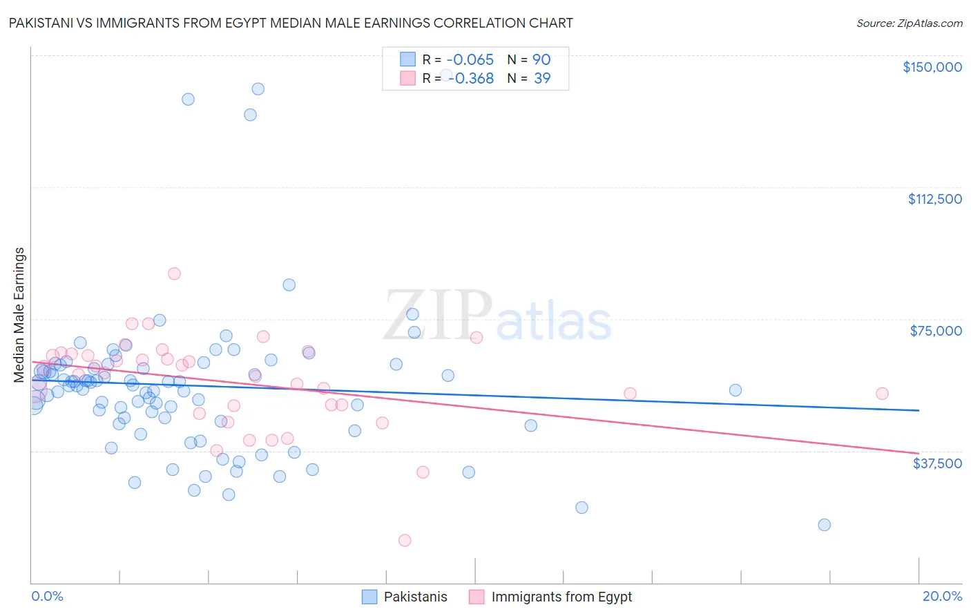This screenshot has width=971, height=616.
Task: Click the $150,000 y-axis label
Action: [932, 67]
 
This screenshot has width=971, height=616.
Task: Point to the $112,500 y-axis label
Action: [934, 199]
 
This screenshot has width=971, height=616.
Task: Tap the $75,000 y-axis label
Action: [936, 331]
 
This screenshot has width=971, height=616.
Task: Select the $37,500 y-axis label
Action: [937, 463]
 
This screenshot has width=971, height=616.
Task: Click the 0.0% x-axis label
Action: [47, 596]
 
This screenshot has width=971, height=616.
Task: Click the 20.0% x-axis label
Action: [942, 596]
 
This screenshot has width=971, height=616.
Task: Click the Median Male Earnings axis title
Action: [19, 314]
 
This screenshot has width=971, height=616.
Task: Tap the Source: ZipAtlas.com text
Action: [909, 23]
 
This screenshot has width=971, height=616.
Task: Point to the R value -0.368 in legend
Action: [472, 78]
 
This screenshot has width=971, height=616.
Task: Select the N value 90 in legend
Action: [541, 59]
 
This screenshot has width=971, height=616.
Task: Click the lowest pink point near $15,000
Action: [405, 540]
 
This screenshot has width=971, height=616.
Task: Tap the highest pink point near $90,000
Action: [174, 273]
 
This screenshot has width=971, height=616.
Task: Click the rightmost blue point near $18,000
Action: [824, 525]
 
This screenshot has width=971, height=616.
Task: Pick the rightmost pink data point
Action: [882, 394]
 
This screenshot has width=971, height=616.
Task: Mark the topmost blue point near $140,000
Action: [258, 88]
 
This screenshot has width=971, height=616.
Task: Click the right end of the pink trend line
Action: [919, 453]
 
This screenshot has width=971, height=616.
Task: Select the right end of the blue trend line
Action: [919, 410]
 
